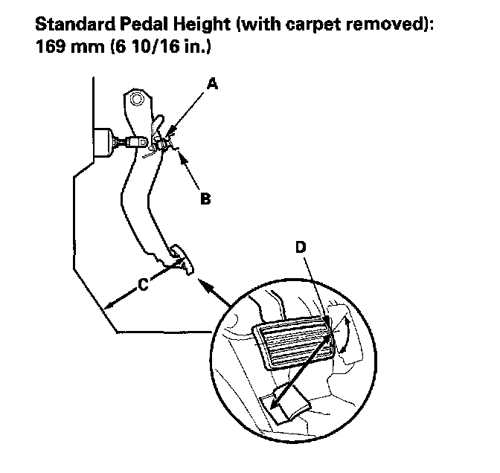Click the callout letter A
[212, 86]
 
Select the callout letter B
[205, 199]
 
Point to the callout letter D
[301, 248]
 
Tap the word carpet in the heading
[322, 25]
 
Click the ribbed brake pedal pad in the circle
[292, 344]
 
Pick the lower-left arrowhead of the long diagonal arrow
[275, 406]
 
